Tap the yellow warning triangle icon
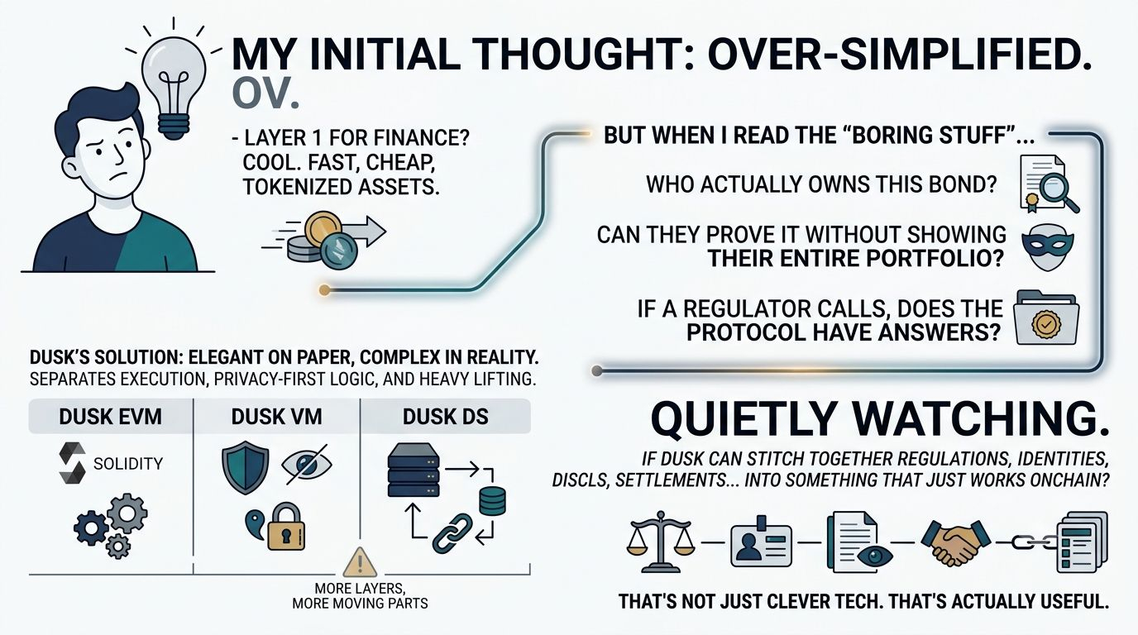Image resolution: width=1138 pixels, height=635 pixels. point(360,563)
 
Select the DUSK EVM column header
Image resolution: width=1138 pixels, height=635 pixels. point(110,417)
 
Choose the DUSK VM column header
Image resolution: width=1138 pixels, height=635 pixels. point(276,417)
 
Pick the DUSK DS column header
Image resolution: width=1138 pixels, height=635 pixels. point(446,417)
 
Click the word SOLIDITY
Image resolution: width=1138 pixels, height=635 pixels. point(128,464)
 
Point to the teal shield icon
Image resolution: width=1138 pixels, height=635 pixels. point(246,467)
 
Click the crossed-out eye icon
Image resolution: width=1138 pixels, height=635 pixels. point(306,465)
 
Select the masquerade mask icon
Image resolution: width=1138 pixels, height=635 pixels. point(1048,247)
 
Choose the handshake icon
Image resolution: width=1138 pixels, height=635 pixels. point(955,542)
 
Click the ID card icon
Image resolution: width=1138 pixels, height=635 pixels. point(761,542)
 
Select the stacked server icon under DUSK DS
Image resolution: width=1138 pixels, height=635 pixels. point(413,470)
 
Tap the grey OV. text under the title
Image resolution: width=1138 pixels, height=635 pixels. point(265,93)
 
